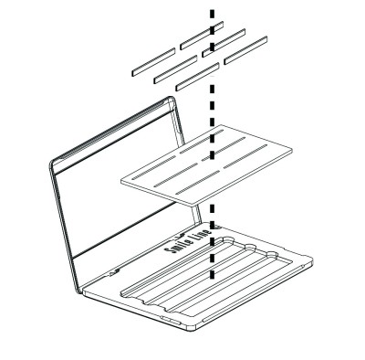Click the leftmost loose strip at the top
click(153, 62)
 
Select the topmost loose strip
click(202, 36)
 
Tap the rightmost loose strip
click(245, 50)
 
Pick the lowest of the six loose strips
click(198, 77)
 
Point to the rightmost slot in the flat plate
click(245, 156)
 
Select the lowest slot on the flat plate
click(198, 182)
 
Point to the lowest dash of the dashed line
click(213, 274)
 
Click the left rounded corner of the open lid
click(53, 164)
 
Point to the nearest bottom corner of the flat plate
click(193, 205)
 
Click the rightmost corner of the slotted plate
click(291, 150)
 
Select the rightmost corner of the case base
click(312, 259)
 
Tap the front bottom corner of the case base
click(192, 329)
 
